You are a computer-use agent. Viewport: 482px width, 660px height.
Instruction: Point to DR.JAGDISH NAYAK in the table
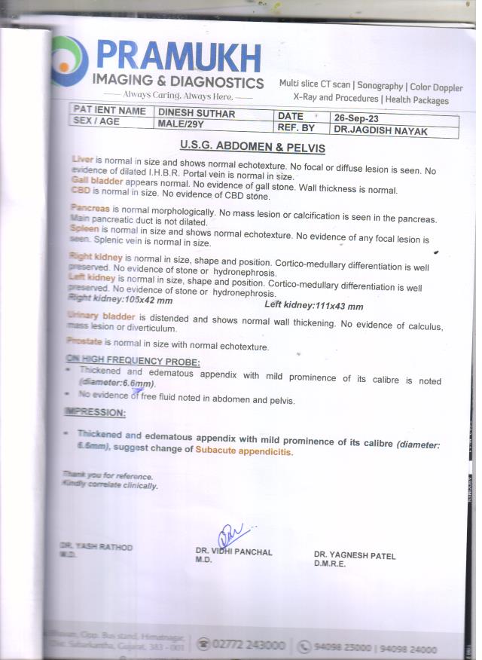[370, 131]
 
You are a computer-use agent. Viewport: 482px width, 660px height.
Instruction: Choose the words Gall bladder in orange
[97, 181]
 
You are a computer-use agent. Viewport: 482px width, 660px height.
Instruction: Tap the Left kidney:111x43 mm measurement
[314, 306]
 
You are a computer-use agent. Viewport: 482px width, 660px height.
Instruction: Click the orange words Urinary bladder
[100, 315]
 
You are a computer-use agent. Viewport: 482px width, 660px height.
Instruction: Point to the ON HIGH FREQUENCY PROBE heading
[133, 360]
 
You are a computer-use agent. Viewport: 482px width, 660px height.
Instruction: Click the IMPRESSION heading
[95, 413]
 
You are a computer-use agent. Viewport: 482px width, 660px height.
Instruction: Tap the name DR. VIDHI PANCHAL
[233, 552]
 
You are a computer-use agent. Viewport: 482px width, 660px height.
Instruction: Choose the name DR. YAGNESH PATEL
[354, 556]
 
